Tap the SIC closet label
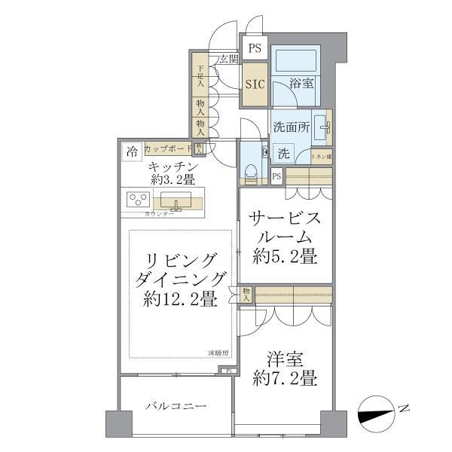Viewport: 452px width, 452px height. [254, 84]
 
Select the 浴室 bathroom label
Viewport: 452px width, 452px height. [302, 84]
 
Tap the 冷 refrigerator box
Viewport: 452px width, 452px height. [132, 151]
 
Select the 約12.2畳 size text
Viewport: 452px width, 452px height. [181, 299]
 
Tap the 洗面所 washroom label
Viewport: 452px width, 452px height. [291, 128]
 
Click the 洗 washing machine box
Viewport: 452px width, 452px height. [283, 153]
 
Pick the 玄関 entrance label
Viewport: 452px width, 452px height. [229, 59]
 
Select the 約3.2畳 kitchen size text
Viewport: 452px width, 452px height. [173, 179]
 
